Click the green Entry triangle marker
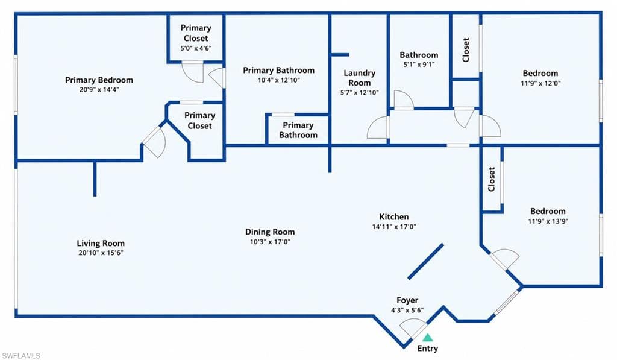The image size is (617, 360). click(428, 338)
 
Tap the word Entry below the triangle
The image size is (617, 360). click(428, 348)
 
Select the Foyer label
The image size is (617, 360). click(407, 300)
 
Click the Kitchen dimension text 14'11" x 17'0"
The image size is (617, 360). click(394, 227)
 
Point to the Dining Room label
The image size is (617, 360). click(270, 232)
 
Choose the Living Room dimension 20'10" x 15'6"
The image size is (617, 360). click(101, 253)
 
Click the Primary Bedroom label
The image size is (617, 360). click(99, 80)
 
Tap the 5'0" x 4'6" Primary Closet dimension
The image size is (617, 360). click(196, 48)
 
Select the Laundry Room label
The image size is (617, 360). click(359, 78)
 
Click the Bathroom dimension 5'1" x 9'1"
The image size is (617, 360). click(419, 64)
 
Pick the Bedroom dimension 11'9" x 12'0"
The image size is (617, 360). click(540, 83)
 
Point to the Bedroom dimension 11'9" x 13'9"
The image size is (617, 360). click(548, 221)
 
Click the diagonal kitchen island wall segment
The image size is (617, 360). click(425, 262)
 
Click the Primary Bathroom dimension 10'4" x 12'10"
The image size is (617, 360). click(278, 80)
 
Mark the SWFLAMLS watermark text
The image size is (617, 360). click(21, 356)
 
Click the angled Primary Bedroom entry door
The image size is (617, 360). click(155, 141)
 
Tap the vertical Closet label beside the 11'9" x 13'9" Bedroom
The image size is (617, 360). click(492, 179)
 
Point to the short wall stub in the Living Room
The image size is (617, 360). click(95, 178)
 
